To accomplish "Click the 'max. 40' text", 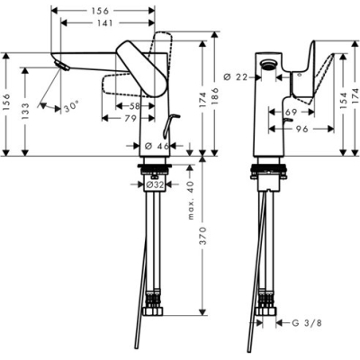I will coord(190,201).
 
